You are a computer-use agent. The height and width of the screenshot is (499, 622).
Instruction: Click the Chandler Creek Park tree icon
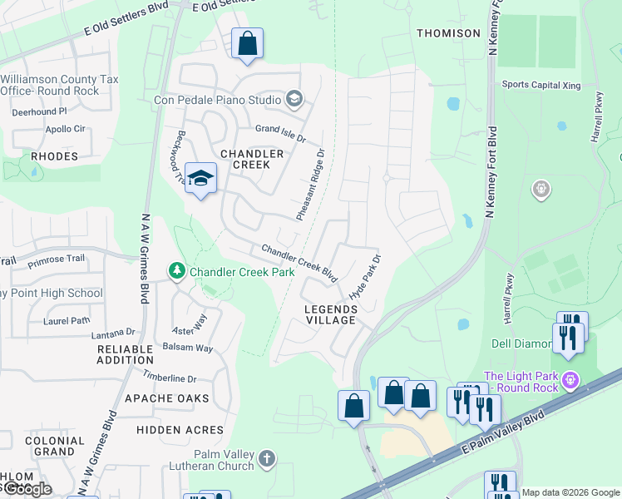[176, 271]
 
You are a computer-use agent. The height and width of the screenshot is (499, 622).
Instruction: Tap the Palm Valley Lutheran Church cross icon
[266, 458]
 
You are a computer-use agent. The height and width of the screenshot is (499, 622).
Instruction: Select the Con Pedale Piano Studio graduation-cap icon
[293, 100]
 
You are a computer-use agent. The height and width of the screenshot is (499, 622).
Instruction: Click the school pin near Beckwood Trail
[200, 179]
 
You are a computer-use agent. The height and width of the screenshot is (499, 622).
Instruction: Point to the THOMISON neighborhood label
[448, 33]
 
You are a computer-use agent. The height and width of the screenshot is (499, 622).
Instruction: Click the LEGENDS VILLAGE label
[330, 315]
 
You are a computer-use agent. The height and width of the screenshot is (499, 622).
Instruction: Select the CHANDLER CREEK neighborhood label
[252, 159]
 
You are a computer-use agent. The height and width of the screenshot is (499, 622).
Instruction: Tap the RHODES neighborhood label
[54, 156]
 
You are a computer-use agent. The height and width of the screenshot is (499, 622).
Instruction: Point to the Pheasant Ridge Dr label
[310, 184]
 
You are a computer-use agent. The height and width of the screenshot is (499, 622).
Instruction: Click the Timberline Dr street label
[169, 377]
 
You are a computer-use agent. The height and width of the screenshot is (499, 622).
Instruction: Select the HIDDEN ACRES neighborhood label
[180, 430]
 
